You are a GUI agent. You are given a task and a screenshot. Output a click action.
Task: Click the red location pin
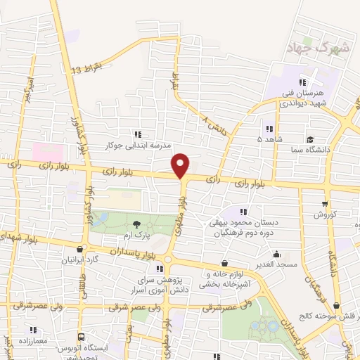181,166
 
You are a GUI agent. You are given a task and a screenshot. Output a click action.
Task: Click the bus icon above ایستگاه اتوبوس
82,338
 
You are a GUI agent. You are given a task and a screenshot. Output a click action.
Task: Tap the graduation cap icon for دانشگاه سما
310,139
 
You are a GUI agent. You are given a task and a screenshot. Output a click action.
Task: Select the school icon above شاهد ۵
269,129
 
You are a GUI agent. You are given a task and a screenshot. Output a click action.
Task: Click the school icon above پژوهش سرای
167,269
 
